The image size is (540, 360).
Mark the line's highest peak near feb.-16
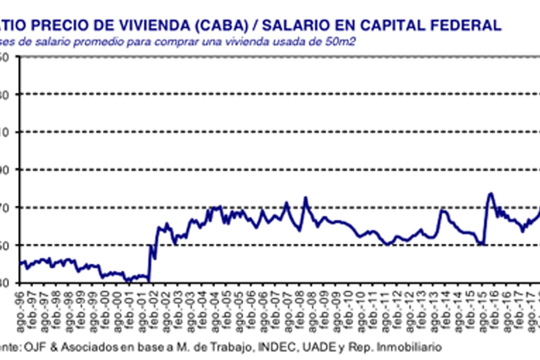pyautogui.click(x=490, y=193)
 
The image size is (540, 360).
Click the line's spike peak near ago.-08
pyautogui.click(x=306, y=197)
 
